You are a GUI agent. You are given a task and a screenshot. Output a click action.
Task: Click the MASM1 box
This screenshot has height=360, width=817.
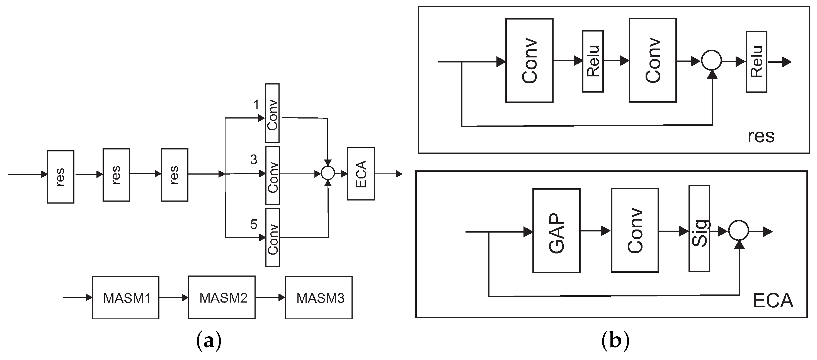tap(126, 298)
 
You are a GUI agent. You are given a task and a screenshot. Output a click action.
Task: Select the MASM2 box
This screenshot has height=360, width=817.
tap(222, 297)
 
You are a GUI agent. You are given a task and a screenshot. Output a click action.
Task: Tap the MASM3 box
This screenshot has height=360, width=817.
tap(319, 298)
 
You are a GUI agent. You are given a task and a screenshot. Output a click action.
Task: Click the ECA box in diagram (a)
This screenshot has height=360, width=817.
tap(361, 174)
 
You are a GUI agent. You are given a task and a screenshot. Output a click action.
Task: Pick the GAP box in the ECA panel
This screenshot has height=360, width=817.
tap(556, 231)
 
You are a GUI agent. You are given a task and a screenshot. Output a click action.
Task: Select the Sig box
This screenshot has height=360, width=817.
tap(699, 229)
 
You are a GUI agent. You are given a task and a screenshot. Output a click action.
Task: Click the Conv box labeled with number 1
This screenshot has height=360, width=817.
tap(272, 113)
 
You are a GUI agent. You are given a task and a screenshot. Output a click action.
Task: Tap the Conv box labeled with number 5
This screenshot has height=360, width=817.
tap(272, 237)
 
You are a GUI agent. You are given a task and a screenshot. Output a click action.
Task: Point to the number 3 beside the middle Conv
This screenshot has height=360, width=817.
tap(254, 160)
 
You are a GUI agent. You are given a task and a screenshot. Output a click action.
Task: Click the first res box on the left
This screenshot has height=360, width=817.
tap(60, 177)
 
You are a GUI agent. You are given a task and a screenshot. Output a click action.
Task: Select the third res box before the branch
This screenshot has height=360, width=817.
tap(174, 175)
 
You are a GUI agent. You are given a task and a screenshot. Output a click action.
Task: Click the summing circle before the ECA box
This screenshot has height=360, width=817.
tap(328, 173)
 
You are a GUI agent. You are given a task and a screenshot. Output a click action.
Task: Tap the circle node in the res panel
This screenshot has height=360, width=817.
tap(711, 60)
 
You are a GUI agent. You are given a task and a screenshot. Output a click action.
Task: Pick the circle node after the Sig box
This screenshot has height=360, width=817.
tap(738, 231)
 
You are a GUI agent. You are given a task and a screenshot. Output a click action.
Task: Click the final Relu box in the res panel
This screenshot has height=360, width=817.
tap(756, 62)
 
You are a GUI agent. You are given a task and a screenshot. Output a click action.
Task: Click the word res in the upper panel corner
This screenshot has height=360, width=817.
tap(761, 136)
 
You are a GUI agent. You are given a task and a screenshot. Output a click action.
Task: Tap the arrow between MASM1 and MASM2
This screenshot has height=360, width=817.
tap(173, 298)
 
